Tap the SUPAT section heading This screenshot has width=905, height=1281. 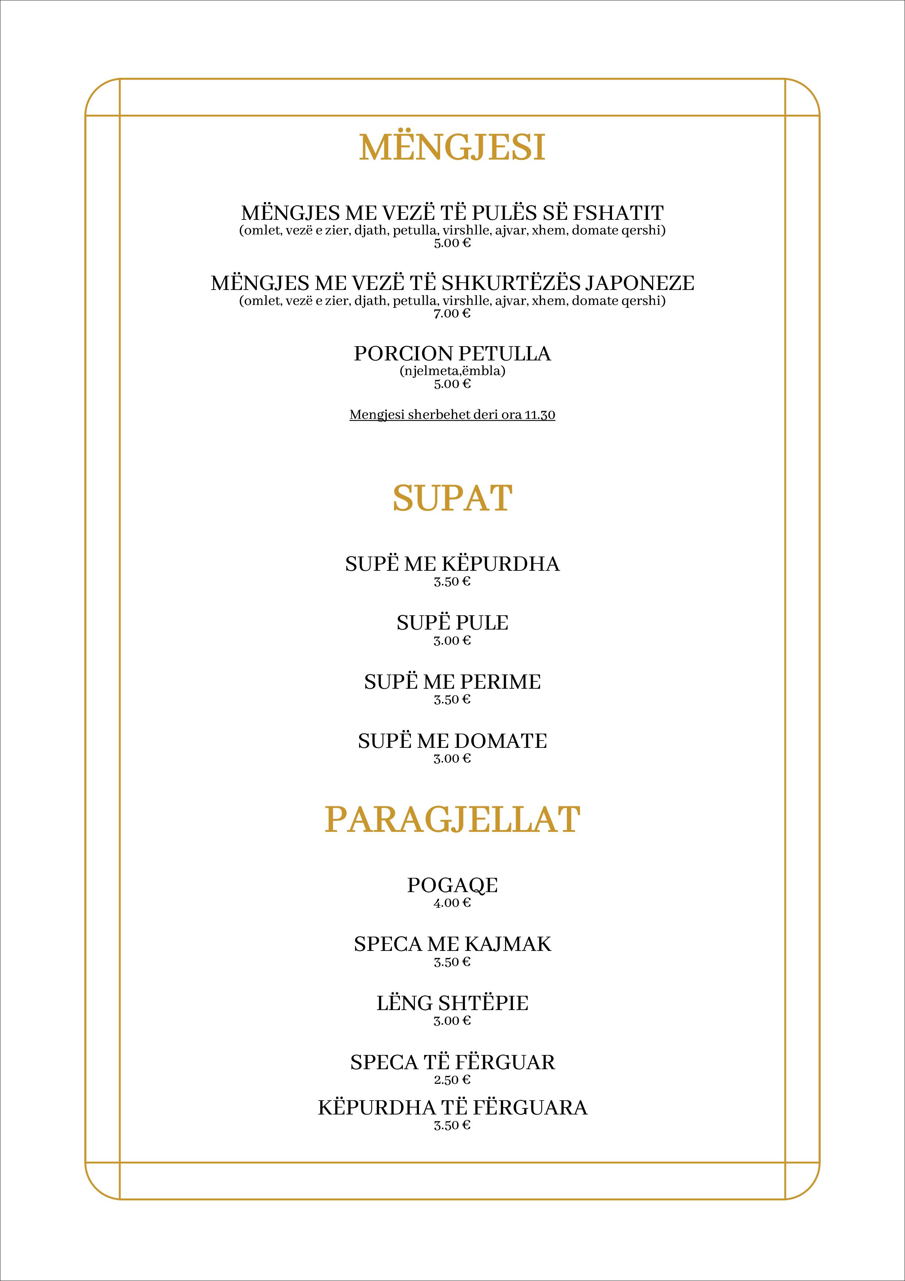coord(452,498)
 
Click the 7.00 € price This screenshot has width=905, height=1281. coord(452,314)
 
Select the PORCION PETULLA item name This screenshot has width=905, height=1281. coord(452,354)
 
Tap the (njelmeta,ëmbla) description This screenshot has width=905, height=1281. coord(452,371)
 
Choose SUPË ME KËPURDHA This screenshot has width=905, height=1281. coord(452,564)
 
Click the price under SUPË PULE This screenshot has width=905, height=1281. coord(452,640)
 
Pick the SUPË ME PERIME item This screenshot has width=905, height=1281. coord(452,682)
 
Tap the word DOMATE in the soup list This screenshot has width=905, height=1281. coord(501,741)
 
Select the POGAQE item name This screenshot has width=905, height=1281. coord(452,886)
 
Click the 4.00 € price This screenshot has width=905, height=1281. coord(452,903)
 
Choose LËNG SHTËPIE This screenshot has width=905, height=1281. coord(452,1003)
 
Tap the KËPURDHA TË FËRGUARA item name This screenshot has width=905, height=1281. coord(452,1108)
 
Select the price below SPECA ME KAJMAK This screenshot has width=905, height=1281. coord(452,962)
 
